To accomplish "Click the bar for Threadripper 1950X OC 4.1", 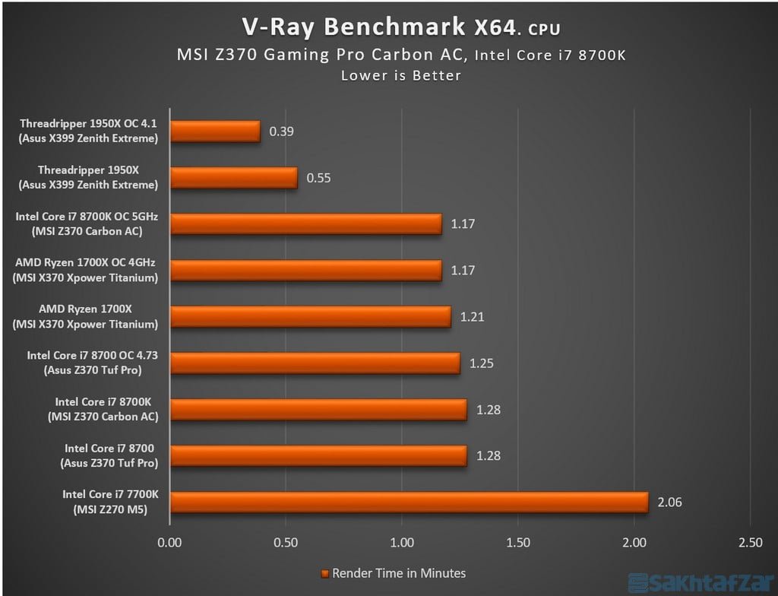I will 215,132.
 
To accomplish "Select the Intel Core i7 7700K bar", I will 409,502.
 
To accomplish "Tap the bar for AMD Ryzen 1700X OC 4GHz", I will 305,271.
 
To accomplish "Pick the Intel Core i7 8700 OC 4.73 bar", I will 315,363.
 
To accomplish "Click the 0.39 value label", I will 282,132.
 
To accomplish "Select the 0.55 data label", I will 319,178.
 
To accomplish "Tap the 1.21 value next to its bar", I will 473,317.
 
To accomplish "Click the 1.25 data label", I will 482,363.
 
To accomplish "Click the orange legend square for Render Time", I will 324,573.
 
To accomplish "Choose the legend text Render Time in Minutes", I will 399,573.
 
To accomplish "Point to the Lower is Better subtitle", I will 401,75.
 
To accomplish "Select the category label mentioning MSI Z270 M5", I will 111,509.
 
